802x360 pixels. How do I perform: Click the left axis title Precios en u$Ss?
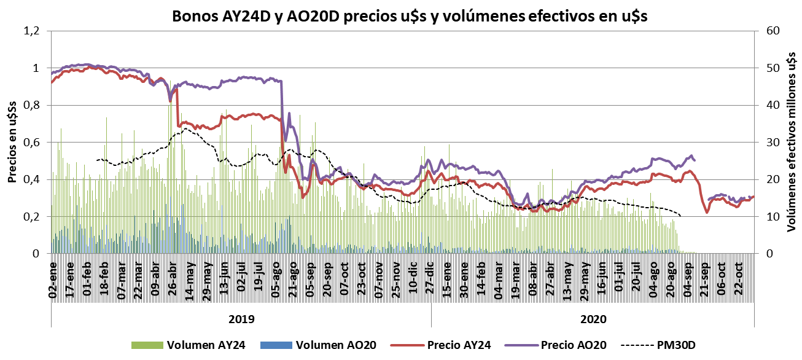pyautogui.click(x=13, y=141)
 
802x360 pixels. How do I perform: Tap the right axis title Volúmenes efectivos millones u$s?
pyautogui.click(x=792, y=141)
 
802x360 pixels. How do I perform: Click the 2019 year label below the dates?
pyautogui.click(x=241, y=319)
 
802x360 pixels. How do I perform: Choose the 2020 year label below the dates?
pyautogui.click(x=593, y=319)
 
